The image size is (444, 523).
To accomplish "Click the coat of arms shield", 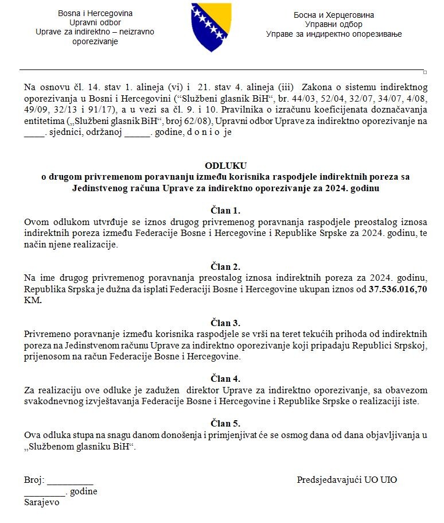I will [212, 26].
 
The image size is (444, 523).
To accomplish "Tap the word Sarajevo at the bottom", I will [42, 502].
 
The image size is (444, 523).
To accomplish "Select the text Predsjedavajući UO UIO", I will [346, 480].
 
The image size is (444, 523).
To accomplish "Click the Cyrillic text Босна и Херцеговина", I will [334, 15].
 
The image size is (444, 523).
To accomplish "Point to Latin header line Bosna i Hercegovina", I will [95, 13].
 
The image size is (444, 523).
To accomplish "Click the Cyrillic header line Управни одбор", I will [334, 25].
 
